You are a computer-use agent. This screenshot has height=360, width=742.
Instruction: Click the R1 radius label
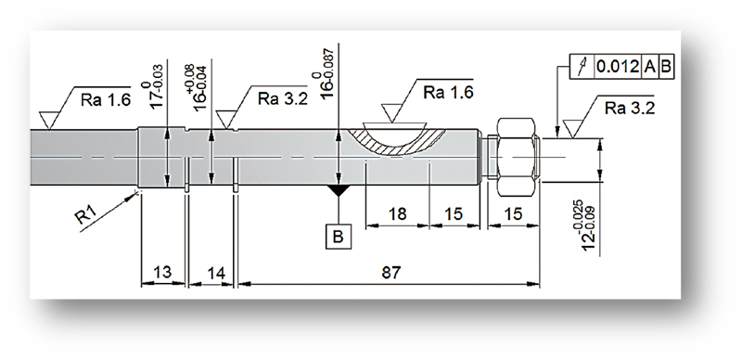(x=86, y=215)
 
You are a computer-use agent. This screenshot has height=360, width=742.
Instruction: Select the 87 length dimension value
(x=391, y=273)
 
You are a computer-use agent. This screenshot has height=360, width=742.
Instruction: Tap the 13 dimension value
(x=162, y=273)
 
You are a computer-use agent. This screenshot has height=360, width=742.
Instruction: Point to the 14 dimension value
(x=215, y=273)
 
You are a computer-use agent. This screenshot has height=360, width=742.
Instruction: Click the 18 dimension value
(x=398, y=214)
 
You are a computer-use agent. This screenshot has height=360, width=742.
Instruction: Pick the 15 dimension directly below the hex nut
(x=513, y=214)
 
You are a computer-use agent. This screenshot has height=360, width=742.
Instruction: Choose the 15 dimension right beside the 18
(x=454, y=214)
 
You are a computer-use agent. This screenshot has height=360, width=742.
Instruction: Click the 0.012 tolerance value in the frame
(x=618, y=66)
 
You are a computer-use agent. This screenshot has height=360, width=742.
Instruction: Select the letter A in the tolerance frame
(x=650, y=66)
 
